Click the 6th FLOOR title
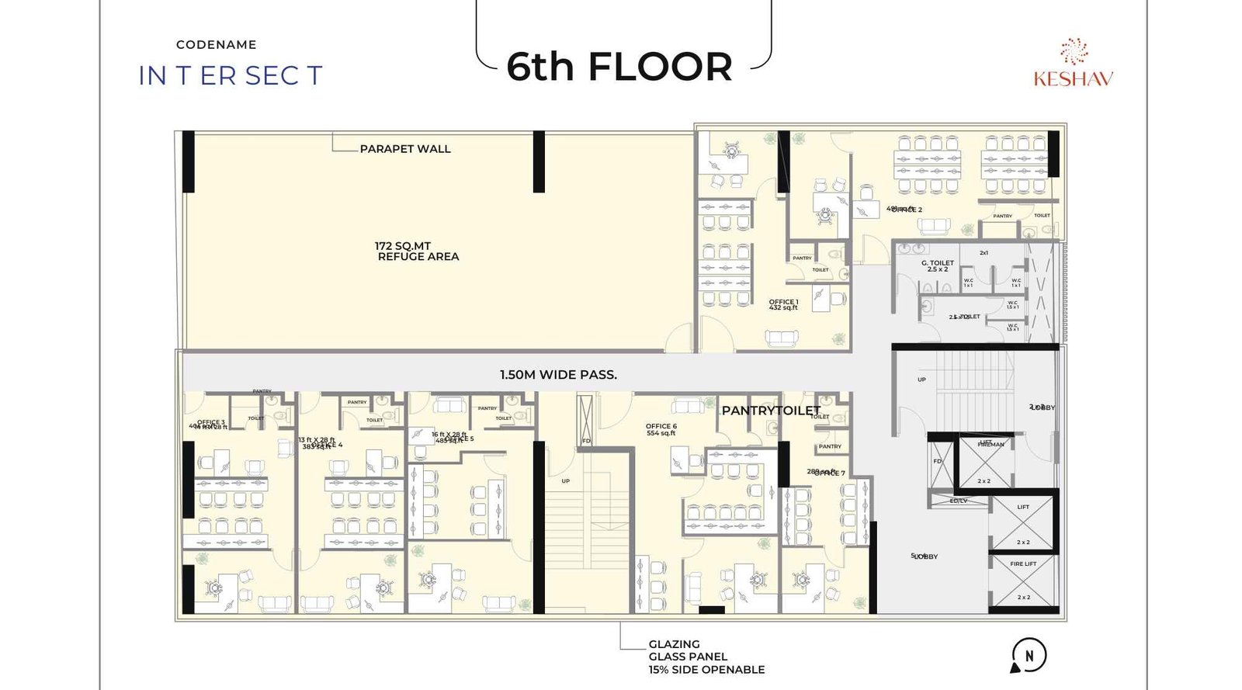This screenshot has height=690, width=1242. point(619,67)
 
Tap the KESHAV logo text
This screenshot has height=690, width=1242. point(1073,78)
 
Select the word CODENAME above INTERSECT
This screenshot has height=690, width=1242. point(216,45)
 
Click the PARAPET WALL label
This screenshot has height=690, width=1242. point(404,149)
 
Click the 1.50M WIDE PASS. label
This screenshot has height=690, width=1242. point(558,375)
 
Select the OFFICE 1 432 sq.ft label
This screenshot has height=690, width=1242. point(782,305)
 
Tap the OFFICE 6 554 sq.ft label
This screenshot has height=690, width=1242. point(661,429)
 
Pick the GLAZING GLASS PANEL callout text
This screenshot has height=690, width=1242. point(706,657)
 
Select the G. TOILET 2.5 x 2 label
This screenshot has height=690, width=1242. point(937,266)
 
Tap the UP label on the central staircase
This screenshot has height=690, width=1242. point(566,481)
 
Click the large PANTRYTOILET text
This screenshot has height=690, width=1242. point(770,411)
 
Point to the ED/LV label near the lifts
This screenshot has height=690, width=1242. point(958,501)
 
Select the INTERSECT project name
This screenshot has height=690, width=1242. point(230,76)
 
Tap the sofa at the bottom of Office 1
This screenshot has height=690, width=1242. point(781,338)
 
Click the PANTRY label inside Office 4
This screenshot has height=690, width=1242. point(357,402)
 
